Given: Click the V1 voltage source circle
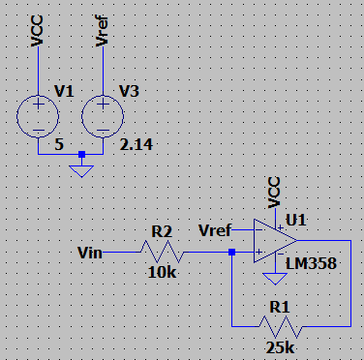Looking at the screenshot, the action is (16, 116).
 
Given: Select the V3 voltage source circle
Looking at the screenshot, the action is (82, 116).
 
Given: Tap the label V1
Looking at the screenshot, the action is (64, 91).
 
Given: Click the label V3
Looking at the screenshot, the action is (129, 91).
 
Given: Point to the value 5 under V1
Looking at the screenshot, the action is (59, 144).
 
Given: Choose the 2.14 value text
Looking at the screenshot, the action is (136, 144).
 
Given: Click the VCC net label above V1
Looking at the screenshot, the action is (37, 31).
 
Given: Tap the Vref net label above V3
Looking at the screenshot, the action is (102, 30).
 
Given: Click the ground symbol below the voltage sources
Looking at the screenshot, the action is (81, 171).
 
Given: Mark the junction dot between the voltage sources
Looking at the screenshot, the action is (82, 155).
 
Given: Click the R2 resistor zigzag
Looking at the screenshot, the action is (162, 252).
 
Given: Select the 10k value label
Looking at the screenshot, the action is (162, 273).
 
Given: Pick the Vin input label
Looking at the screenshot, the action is (90, 253).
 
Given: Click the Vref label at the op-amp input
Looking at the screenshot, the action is (215, 230).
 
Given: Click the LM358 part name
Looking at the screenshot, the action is (311, 263).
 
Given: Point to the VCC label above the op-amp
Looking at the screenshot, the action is (274, 193).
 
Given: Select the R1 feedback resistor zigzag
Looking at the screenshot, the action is (281, 326).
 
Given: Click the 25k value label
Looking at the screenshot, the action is (280, 347).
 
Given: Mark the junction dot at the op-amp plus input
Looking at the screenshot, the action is (231, 252).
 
